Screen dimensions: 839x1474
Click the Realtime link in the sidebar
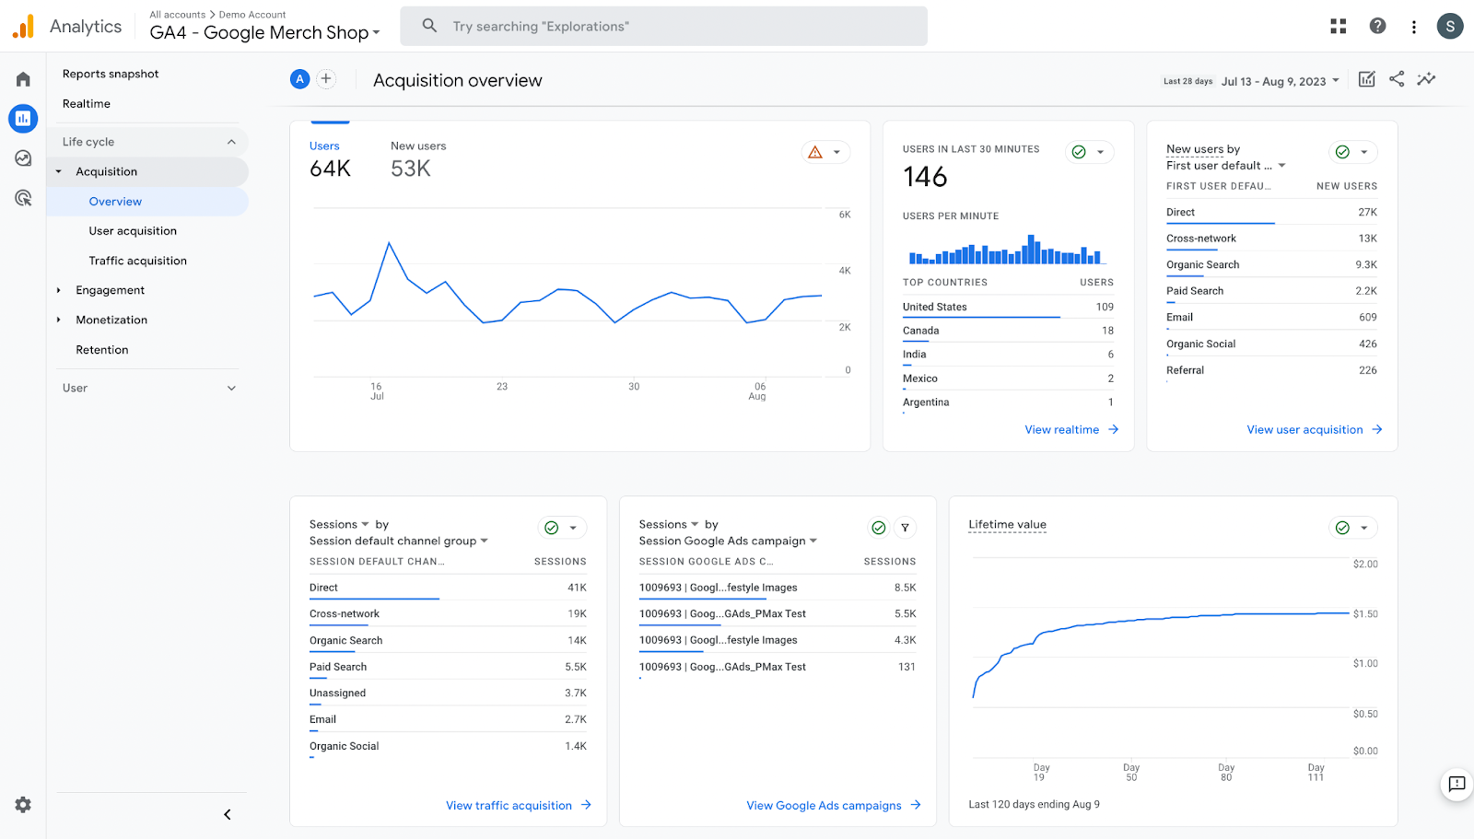(x=87, y=104)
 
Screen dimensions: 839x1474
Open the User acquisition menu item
(x=133, y=231)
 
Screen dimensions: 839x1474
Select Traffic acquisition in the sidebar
(x=137, y=261)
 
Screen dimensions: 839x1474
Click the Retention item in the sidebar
(x=102, y=350)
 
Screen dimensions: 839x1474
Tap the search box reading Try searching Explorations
(x=663, y=27)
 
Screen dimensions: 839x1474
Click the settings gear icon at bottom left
(x=23, y=805)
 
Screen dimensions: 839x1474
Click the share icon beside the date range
(x=1397, y=79)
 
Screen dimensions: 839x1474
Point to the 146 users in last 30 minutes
(x=925, y=177)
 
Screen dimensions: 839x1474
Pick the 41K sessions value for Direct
(x=577, y=588)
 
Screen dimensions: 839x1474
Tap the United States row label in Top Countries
(x=934, y=308)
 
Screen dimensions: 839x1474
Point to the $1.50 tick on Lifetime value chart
(x=1365, y=614)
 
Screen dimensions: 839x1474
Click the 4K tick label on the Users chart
(x=845, y=271)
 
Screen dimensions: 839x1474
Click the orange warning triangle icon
(x=815, y=153)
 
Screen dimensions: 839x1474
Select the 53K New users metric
(x=411, y=169)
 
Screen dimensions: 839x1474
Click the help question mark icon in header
(x=1377, y=26)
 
